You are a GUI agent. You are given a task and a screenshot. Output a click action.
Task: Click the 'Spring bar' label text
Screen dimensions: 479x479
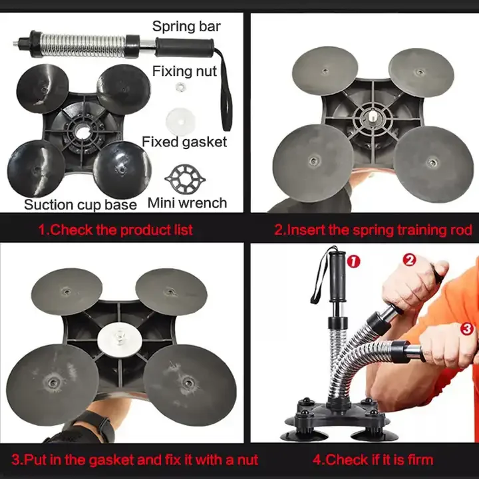click(x=186, y=27)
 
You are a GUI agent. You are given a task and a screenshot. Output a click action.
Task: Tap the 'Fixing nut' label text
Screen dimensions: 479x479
click(x=184, y=71)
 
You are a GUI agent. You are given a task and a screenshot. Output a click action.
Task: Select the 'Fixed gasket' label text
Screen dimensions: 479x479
click(x=184, y=142)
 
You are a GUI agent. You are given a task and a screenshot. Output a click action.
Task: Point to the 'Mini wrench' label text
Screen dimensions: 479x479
click(x=187, y=203)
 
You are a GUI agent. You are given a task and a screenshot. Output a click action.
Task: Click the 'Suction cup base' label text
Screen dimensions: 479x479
click(x=80, y=204)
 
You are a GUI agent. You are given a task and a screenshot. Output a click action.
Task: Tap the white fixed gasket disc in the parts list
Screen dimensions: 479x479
click(x=180, y=118)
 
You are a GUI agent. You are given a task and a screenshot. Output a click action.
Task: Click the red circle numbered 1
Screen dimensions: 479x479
click(x=353, y=261)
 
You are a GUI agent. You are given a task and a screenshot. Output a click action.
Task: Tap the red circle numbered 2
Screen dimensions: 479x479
click(x=410, y=259)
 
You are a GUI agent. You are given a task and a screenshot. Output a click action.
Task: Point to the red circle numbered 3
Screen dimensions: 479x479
click(x=467, y=328)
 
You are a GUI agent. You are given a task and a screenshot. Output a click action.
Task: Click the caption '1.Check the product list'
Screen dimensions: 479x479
click(x=115, y=230)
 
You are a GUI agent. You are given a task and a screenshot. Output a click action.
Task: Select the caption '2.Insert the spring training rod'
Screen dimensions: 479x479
click(x=373, y=230)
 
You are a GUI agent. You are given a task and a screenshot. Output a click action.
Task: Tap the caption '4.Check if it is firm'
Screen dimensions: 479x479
click(x=373, y=459)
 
